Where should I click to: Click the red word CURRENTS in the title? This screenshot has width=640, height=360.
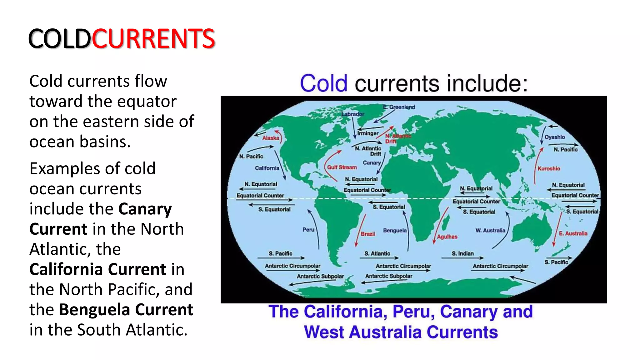pyautogui.click(x=153, y=39)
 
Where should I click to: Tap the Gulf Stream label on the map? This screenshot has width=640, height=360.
pyautogui.click(x=342, y=167)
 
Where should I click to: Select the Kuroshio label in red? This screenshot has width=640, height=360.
pyautogui.click(x=549, y=168)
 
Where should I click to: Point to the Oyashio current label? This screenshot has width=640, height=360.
pyautogui.click(x=555, y=137)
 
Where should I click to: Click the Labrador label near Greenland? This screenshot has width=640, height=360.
pyautogui.click(x=353, y=114)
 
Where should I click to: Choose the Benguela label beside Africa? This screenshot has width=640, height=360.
pyautogui.click(x=395, y=230)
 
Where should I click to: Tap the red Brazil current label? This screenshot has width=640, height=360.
pyautogui.click(x=368, y=234)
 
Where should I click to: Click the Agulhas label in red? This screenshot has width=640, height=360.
pyautogui.click(x=447, y=237)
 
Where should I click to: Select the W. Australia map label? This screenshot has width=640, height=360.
pyautogui.click(x=490, y=230)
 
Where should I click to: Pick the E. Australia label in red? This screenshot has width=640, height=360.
pyautogui.click(x=573, y=233)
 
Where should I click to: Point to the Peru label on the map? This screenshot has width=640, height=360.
pyautogui.click(x=308, y=230)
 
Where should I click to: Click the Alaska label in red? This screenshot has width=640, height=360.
pyautogui.click(x=271, y=138)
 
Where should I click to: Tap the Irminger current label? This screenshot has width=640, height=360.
pyautogui.click(x=368, y=133)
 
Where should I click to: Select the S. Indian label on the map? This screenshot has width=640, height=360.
pyautogui.click(x=462, y=253)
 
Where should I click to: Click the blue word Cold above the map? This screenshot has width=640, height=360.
pyautogui.click(x=323, y=83)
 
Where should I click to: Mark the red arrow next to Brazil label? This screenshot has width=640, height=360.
pyautogui.click(x=360, y=230)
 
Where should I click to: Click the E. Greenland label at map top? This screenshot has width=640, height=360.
pyautogui.click(x=399, y=107)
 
